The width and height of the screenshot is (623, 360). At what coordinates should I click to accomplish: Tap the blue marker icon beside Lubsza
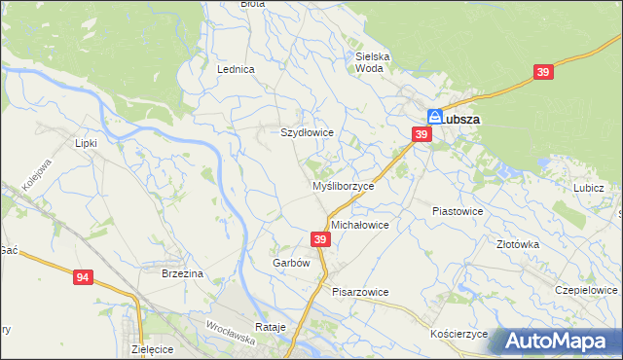point(436,117)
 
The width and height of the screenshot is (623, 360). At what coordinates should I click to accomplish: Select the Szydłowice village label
point(308,132)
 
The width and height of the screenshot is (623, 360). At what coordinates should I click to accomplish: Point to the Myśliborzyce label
point(342,186)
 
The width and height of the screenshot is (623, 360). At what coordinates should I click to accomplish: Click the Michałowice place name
point(360,225)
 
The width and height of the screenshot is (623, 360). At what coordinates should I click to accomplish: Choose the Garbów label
point(291,263)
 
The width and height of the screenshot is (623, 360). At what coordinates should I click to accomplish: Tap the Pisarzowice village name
point(360,291)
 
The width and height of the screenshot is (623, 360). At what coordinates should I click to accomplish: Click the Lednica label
point(237,70)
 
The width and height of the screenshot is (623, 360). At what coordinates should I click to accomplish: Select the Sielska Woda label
point(373,62)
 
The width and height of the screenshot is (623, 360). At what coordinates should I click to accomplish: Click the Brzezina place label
point(182,274)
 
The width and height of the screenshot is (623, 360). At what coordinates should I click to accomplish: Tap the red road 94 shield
point(83,278)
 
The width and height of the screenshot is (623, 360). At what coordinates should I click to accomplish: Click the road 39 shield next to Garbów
point(320,239)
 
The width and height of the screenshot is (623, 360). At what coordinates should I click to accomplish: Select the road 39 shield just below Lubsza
point(421,135)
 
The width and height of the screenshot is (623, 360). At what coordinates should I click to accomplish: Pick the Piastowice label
point(458,210)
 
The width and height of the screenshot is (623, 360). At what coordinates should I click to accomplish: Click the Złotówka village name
point(518,245)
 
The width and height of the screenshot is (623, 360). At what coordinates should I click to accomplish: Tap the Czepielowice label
point(587,290)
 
